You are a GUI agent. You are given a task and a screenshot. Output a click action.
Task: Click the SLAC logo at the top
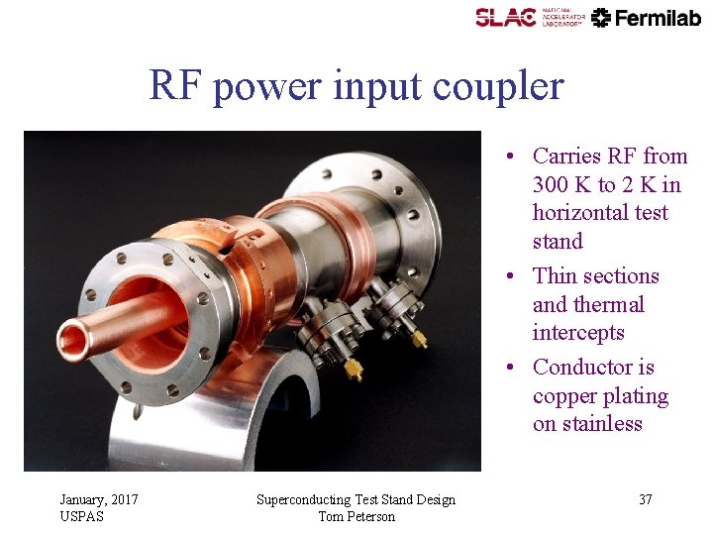point(506,17)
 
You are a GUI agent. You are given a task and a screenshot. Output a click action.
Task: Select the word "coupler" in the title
point(503,87)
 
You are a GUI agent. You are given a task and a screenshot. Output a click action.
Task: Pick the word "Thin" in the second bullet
point(556,276)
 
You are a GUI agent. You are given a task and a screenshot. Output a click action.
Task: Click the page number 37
point(645,499)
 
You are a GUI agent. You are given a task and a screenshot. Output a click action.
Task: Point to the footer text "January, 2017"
point(99,499)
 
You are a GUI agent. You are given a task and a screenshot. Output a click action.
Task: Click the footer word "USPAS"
point(81,516)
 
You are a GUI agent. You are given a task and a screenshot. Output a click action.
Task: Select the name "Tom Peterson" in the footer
point(356,516)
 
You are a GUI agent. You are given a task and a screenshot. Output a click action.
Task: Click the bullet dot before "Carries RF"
point(506,157)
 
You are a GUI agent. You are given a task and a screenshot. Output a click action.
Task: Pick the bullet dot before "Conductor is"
point(506,368)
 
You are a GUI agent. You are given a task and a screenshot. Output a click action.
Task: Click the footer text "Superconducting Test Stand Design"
point(356,499)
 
